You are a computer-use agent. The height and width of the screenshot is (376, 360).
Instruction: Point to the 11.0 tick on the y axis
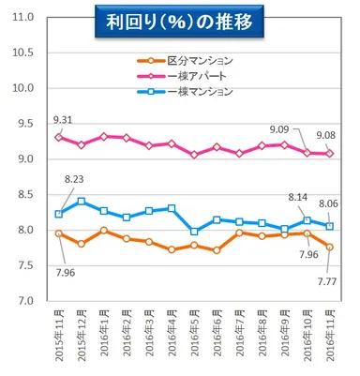[x=24, y=18]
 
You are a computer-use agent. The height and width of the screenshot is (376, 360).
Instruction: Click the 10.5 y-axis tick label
[x=24, y=53]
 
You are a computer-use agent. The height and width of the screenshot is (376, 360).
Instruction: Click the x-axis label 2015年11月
[x=59, y=338]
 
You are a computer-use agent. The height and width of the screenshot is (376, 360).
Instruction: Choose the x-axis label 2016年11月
[x=329, y=338]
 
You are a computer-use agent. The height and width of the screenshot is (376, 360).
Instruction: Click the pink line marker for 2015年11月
[x=59, y=137]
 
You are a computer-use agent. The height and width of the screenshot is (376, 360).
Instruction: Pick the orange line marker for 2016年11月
[x=329, y=247]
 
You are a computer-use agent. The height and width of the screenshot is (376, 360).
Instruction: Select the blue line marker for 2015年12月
[x=82, y=202]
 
